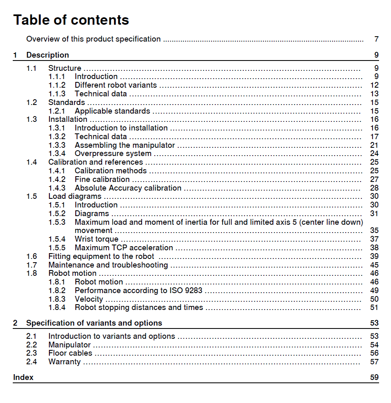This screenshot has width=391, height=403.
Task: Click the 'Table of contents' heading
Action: (x=71, y=20)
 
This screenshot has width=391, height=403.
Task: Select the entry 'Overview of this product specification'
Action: (x=93, y=39)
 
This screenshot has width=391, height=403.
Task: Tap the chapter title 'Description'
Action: (x=48, y=55)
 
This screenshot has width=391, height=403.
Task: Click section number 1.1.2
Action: (x=57, y=85)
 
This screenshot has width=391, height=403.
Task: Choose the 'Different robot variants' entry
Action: (x=116, y=85)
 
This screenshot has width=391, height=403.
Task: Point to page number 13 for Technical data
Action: (x=374, y=94)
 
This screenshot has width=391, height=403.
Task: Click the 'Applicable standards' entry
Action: (x=112, y=111)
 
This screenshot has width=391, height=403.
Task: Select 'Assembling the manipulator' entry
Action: (x=125, y=145)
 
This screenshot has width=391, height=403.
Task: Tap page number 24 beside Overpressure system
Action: (x=374, y=154)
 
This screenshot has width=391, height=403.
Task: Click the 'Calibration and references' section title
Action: (x=95, y=162)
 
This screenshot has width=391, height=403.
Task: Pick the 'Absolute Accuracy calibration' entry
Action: (x=128, y=188)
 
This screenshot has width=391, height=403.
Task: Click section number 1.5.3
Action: (x=57, y=222)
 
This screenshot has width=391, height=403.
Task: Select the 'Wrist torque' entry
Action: (x=96, y=239)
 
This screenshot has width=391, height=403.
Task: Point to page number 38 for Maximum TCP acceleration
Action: (x=374, y=248)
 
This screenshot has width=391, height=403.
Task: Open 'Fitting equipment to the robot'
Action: (x=101, y=256)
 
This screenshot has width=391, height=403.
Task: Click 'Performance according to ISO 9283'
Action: (x=138, y=291)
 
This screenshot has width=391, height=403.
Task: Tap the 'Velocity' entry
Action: (x=89, y=299)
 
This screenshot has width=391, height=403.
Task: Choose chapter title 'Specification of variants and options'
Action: (x=94, y=323)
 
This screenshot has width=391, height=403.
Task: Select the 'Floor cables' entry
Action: (x=70, y=353)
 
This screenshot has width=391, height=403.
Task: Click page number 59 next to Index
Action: (x=374, y=377)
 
